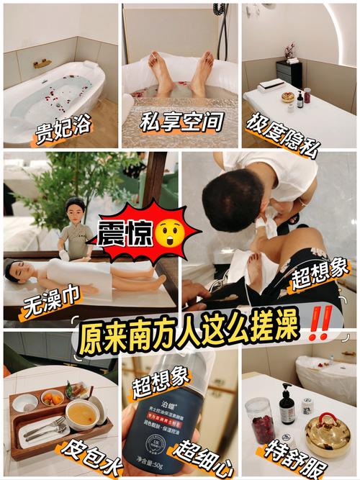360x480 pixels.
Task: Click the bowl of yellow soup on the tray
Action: coord(81,414)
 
